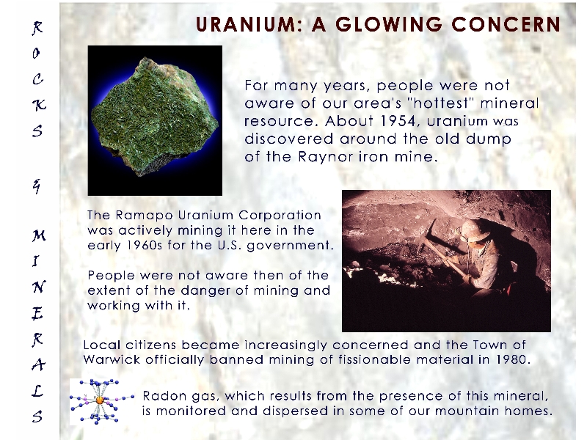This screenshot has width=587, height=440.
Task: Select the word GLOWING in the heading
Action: (x=389, y=25)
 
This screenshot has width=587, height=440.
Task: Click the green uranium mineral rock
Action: (x=155, y=117)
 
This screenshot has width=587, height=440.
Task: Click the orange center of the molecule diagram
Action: (x=100, y=400)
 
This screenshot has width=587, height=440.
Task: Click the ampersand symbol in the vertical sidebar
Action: (x=36, y=186)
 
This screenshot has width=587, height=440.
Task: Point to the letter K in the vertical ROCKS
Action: (x=39, y=105)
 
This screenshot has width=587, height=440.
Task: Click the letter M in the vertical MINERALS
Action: (x=39, y=235)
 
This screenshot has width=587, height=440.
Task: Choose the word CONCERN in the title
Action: (x=506, y=25)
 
